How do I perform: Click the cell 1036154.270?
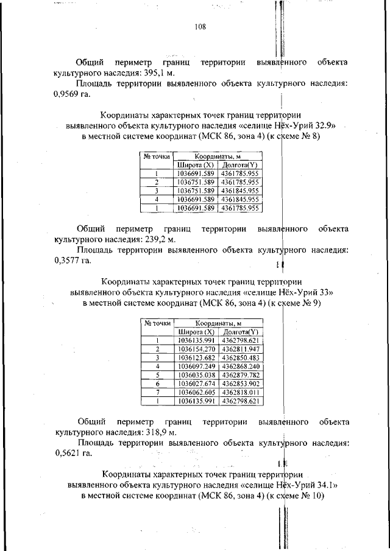(196, 349)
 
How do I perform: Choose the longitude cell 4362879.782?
(241, 375)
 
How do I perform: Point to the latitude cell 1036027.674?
(196, 384)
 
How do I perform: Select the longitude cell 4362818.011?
(241, 393)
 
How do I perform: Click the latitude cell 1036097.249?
(196, 367)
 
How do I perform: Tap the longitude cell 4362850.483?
(241, 358)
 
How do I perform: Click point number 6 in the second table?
(157, 384)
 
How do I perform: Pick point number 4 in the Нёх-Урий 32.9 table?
(157, 199)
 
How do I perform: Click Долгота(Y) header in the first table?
(239, 165)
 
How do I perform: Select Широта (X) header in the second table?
(196, 332)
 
